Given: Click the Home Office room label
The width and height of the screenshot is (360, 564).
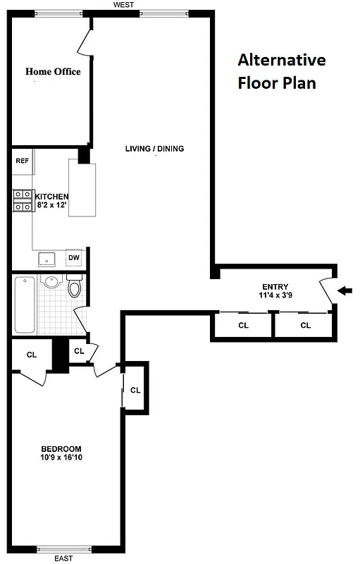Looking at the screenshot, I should [x=53, y=71].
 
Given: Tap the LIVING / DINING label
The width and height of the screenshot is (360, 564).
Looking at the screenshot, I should [x=154, y=149].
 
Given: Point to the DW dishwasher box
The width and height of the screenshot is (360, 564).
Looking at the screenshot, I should [x=74, y=258].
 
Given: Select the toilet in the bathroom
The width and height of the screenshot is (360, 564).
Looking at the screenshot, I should [x=75, y=288].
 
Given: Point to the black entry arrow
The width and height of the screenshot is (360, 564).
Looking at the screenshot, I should [x=345, y=290].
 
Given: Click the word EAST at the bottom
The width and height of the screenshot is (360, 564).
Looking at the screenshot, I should [x=63, y=559].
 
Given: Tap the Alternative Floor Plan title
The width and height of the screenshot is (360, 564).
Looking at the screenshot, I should [x=281, y=70].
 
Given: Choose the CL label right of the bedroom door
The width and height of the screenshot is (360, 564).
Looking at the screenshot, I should [x=135, y=389].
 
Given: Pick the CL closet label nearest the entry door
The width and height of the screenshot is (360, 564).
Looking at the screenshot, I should [x=305, y=326].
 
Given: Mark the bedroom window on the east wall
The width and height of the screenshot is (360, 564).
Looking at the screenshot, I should [x=64, y=549].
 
